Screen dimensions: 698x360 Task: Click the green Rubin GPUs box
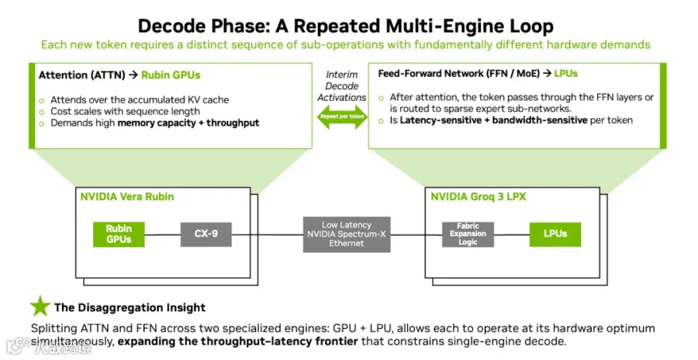click(x=119, y=234)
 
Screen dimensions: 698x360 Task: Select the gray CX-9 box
click(x=206, y=234)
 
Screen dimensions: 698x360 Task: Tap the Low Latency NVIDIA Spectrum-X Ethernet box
click(x=347, y=234)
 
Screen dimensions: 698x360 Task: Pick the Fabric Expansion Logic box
click(x=468, y=234)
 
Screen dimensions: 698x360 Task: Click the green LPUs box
click(x=555, y=234)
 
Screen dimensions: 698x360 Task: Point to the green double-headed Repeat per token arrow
click(x=342, y=116)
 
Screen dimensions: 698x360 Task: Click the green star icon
click(x=40, y=306)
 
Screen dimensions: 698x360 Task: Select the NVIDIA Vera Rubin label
click(x=127, y=196)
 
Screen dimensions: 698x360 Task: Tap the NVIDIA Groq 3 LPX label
click(x=478, y=196)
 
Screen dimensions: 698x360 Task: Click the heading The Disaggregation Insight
click(x=130, y=307)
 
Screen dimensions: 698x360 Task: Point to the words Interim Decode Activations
click(x=342, y=86)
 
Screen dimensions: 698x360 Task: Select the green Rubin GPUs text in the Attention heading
click(x=171, y=74)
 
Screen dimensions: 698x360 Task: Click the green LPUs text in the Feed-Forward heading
click(x=566, y=74)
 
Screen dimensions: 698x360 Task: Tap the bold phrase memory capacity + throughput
click(x=188, y=123)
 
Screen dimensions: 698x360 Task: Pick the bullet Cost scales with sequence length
click(x=125, y=112)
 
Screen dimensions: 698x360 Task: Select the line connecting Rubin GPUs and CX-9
click(x=163, y=234)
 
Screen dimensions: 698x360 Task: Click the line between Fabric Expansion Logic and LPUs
click(x=512, y=234)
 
